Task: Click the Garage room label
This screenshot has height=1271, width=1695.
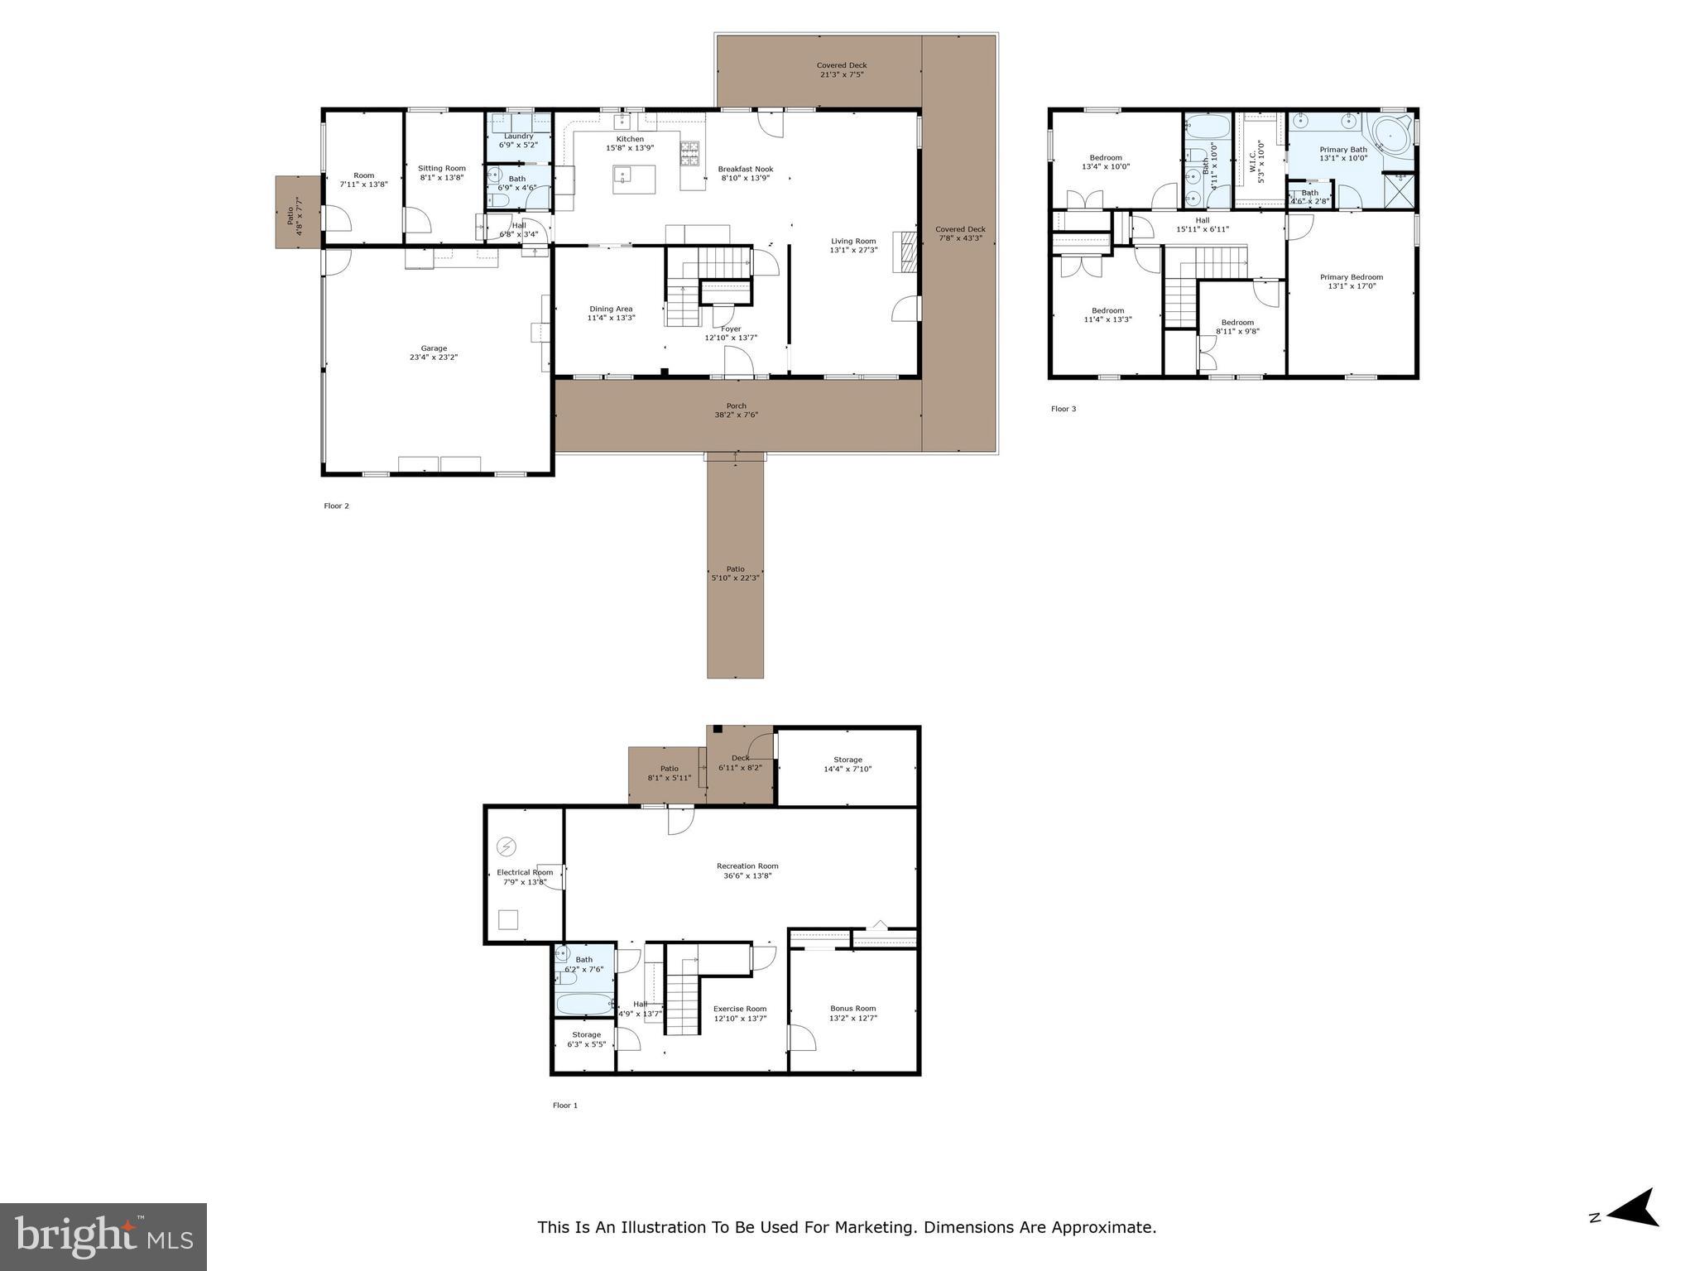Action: pos(434,348)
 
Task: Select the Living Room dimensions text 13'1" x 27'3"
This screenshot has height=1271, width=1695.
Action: pos(854,250)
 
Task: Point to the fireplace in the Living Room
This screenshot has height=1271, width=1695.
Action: pos(908,252)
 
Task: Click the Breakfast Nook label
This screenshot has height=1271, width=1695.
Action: pos(745,169)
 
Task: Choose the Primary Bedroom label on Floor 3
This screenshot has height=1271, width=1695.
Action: pos(1351,277)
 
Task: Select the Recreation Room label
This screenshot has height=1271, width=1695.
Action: pos(747,866)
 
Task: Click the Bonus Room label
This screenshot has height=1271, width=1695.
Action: pos(853,1008)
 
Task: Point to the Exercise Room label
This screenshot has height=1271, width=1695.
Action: pos(740,1009)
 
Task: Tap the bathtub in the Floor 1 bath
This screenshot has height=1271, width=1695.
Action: pos(583,1004)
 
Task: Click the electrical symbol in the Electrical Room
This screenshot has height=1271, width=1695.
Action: pos(507,847)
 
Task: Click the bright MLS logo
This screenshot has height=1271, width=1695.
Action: pos(103,1236)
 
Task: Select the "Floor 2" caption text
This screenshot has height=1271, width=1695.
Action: pos(336,506)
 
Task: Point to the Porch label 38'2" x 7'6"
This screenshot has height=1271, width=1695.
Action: pos(736,410)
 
